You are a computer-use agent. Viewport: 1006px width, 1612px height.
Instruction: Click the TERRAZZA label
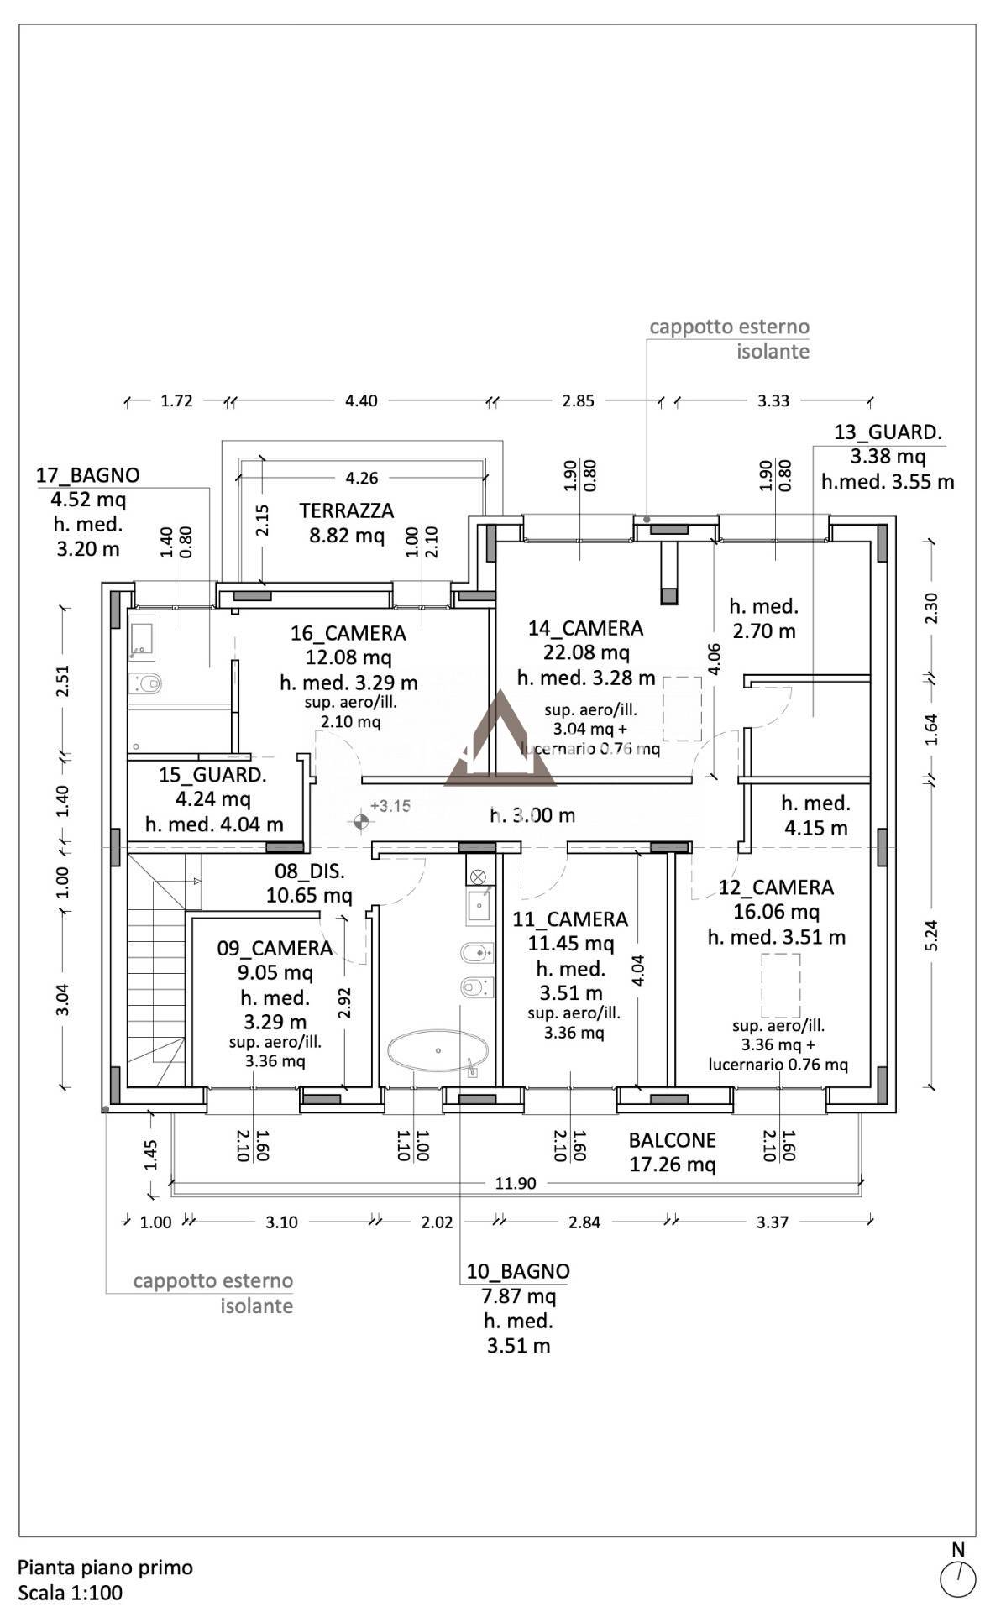tap(346, 510)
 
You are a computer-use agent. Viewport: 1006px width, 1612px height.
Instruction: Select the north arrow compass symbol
tap(957, 1579)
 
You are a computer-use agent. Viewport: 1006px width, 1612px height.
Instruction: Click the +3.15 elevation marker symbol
tap(361, 822)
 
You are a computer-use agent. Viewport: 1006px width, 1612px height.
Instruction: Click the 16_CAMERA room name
tap(348, 633)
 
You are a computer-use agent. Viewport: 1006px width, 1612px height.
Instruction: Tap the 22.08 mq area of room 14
tap(585, 652)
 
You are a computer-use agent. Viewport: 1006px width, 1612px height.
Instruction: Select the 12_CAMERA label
tap(776, 887)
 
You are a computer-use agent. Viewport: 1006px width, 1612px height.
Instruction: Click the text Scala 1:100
tap(71, 1592)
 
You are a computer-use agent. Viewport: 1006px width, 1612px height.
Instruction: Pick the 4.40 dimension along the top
tap(361, 400)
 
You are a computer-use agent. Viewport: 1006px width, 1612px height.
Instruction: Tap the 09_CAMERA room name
tap(275, 948)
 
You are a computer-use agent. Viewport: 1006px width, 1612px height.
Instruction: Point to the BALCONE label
tap(672, 1140)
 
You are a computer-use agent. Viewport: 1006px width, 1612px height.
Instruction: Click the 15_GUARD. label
tap(212, 775)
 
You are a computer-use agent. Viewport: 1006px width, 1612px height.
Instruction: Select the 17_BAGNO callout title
tap(87, 475)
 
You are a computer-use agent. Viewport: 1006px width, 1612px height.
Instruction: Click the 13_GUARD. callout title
tap(888, 432)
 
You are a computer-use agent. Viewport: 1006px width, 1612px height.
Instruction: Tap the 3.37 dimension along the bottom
tap(772, 1222)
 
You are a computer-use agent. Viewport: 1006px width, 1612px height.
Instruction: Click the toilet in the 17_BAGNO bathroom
tap(148, 683)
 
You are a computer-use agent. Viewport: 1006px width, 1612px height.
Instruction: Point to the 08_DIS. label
tap(309, 871)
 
